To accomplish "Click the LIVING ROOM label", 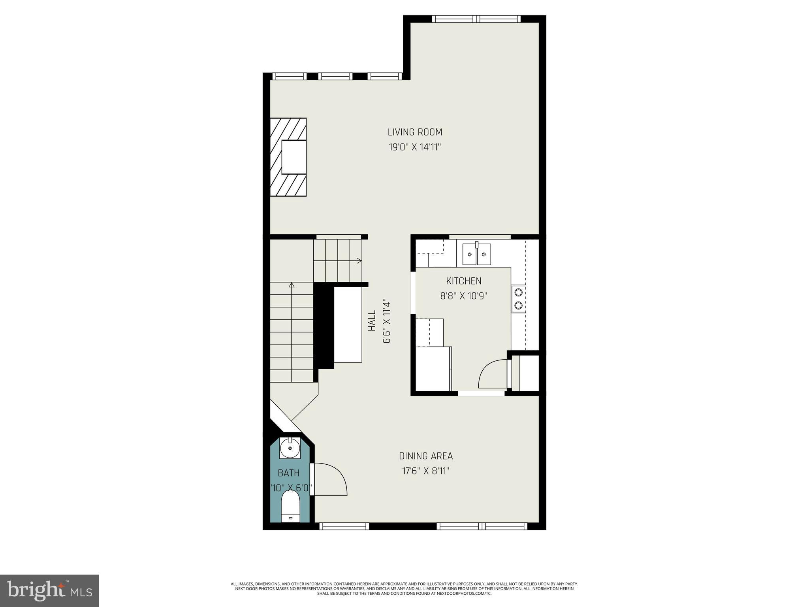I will [x=414, y=132].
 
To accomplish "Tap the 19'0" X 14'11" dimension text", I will [x=414, y=147].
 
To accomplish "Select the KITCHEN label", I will [x=464, y=281].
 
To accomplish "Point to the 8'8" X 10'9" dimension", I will [x=464, y=296].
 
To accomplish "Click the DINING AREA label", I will [x=426, y=456].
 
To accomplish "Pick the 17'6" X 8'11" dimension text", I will [x=426, y=471].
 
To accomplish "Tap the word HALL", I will [x=372, y=320].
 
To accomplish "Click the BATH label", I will [x=289, y=473].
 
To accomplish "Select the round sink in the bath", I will [x=290, y=448].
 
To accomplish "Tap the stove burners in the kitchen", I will [x=518, y=299].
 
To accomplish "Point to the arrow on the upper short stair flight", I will [x=359, y=260].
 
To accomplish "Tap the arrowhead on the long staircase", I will [x=292, y=285].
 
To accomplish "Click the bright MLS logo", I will [x=49, y=590].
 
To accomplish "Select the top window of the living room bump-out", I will [x=476, y=19].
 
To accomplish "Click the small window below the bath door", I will [x=344, y=526].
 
